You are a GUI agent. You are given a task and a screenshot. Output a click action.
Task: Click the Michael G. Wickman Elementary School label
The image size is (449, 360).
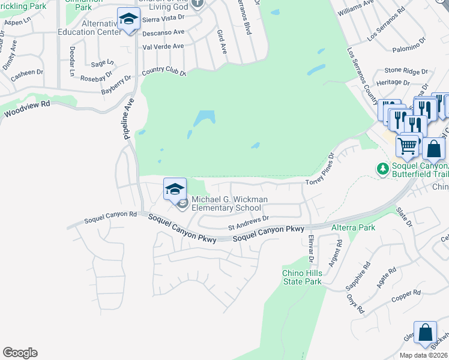pos(229,203)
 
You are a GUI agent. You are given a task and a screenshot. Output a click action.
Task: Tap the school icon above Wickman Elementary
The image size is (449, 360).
pos(175,190)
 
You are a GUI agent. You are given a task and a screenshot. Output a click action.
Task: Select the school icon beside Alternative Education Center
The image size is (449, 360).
pos(128,20)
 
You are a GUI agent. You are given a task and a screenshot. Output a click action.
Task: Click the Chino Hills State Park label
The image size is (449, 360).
pos(302,277)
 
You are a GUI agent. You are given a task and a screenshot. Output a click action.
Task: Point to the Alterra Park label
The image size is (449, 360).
pos(354,227)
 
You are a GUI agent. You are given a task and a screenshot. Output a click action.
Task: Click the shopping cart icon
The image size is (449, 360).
pos(408,145)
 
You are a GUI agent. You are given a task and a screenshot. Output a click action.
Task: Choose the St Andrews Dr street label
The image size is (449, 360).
pos(249,223)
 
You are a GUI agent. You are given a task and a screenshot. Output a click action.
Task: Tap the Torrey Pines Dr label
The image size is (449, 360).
pos(319,169)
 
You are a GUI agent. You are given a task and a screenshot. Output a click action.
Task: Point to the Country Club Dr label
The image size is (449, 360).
pos(164,73)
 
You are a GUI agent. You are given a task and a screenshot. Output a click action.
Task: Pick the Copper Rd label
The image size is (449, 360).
pos(407,295)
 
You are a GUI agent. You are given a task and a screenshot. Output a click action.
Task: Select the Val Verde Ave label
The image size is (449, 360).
pos(163,46)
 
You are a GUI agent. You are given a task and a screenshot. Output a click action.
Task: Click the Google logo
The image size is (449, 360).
pos(20,352)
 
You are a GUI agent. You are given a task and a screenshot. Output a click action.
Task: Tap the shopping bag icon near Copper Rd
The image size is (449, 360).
pos(426,334)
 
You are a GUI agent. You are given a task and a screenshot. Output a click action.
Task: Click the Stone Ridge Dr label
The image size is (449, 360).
pos(406,70)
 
